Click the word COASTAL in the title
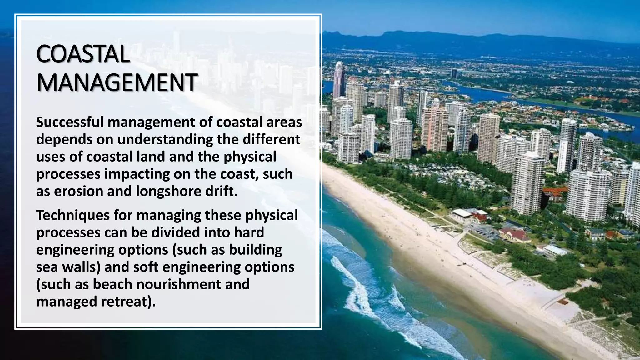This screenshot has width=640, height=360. coord(83,54)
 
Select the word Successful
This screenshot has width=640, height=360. coord(70,122)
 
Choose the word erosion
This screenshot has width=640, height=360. coord(78,191)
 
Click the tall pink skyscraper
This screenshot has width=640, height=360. coord(338,80)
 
